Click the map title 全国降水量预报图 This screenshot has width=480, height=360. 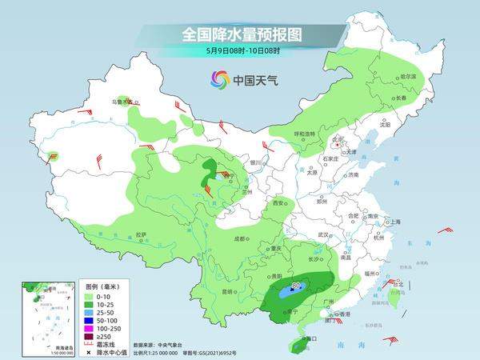(x=239, y=35)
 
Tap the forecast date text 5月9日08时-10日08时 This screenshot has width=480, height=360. (x=239, y=53)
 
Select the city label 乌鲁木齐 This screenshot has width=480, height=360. (x=120, y=102)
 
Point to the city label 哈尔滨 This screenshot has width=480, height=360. (x=406, y=77)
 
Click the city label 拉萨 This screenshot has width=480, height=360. (x=142, y=235)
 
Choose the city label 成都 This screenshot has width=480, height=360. (x=240, y=238)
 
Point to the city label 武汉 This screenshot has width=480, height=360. (x=323, y=234)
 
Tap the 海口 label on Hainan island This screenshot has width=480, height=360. (x=310, y=338)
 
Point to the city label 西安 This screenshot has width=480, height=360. (x=279, y=204)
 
